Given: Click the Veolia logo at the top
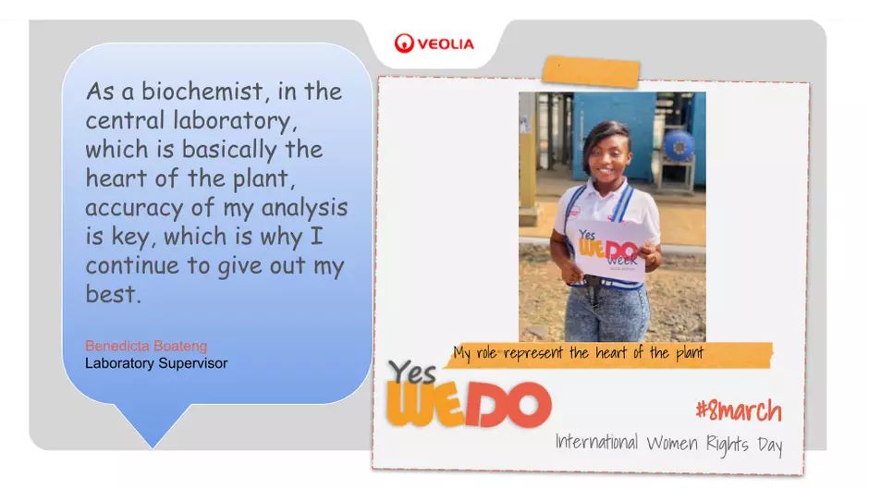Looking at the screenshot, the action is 434,43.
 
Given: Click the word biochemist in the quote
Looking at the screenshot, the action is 202,91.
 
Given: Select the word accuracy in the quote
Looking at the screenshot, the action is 134,208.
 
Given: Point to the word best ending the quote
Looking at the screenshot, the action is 110,293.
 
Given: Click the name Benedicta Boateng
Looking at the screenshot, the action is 146,346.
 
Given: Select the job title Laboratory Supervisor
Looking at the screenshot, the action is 156,363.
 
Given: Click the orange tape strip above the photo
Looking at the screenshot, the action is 591,71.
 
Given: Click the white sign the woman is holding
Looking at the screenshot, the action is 607,251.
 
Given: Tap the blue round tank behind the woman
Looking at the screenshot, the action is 679,145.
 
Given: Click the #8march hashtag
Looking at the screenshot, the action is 739,410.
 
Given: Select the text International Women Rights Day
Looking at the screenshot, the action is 669,444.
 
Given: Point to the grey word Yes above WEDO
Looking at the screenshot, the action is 411,372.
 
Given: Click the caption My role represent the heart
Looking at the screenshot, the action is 579,353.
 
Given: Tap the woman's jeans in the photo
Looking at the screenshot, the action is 607,313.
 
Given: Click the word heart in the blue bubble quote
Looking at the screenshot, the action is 114,178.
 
